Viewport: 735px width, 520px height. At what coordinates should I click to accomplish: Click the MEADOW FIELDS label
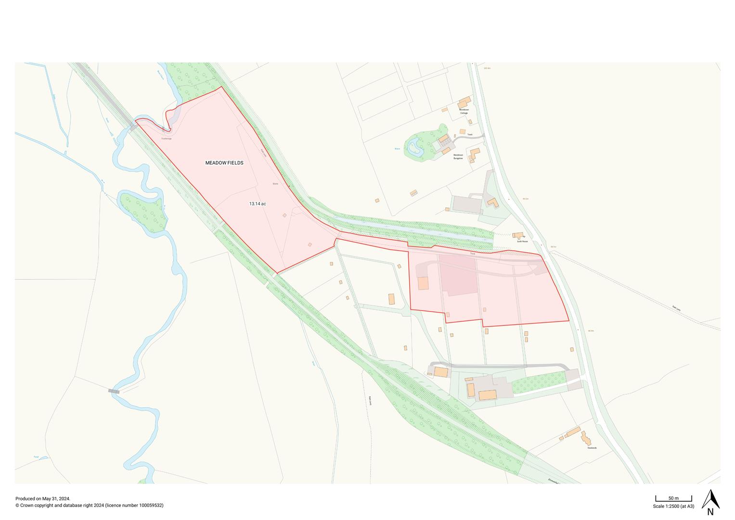click(x=224, y=163)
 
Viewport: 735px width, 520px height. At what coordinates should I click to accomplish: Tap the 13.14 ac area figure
click(x=258, y=204)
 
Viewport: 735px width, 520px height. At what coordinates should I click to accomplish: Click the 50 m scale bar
click(x=673, y=499)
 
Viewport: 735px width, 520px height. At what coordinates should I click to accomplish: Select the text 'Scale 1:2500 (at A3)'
click(x=673, y=507)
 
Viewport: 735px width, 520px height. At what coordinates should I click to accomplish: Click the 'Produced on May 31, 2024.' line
click(x=43, y=499)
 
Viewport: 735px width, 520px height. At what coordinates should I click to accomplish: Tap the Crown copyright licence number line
click(x=90, y=506)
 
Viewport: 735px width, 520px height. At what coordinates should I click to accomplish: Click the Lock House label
click(x=522, y=241)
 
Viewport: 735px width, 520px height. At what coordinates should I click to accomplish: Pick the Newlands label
click(x=592, y=448)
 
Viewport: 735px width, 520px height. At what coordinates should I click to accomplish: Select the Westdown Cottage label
click(x=464, y=111)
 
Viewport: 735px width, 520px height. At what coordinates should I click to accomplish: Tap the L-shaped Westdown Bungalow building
click(x=475, y=154)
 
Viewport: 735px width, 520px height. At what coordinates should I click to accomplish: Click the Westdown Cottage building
click(x=464, y=102)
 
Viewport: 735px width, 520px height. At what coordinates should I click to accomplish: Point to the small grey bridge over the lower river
click(x=114, y=391)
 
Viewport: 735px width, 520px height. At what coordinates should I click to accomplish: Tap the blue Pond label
click(x=36, y=456)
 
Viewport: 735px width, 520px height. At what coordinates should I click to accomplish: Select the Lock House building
click(x=518, y=235)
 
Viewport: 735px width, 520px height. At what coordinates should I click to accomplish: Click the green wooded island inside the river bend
click(x=143, y=211)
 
